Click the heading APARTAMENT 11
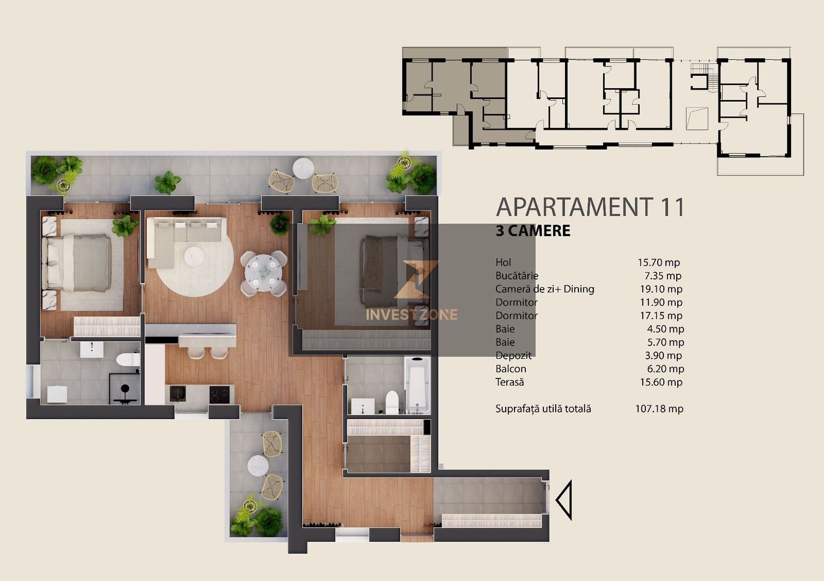(x=590, y=207)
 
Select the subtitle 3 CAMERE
(x=533, y=231)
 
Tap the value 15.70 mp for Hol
(x=658, y=263)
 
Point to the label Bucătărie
(x=517, y=276)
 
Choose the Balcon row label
(x=511, y=369)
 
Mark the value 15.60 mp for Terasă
(x=661, y=382)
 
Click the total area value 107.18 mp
(x=659, y=409)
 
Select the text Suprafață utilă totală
(x=543, y=409)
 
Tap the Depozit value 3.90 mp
(x=663, y=356)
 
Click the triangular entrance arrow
(x=563, y=500)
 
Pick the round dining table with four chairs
(x=263, y=273)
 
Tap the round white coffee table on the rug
(x=195, y=256)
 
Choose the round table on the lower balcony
(x=258, y=465)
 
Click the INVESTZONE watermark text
(x=412, y=315)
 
